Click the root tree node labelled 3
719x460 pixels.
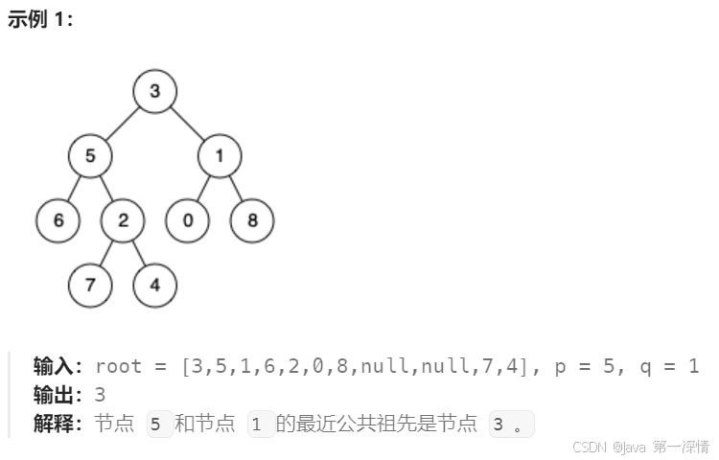155,92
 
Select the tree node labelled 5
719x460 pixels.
90,156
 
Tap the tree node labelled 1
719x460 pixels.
220,156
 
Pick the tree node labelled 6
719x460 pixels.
58,220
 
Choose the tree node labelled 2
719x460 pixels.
123,220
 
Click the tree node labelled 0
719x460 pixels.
188,220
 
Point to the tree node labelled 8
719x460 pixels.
252,220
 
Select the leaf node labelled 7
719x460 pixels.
90,285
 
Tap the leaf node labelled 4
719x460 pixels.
154,285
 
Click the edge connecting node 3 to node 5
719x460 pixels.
123,125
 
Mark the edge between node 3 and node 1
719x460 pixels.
188,125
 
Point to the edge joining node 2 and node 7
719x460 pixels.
106,253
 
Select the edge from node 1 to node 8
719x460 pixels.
236,189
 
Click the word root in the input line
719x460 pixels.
118,366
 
